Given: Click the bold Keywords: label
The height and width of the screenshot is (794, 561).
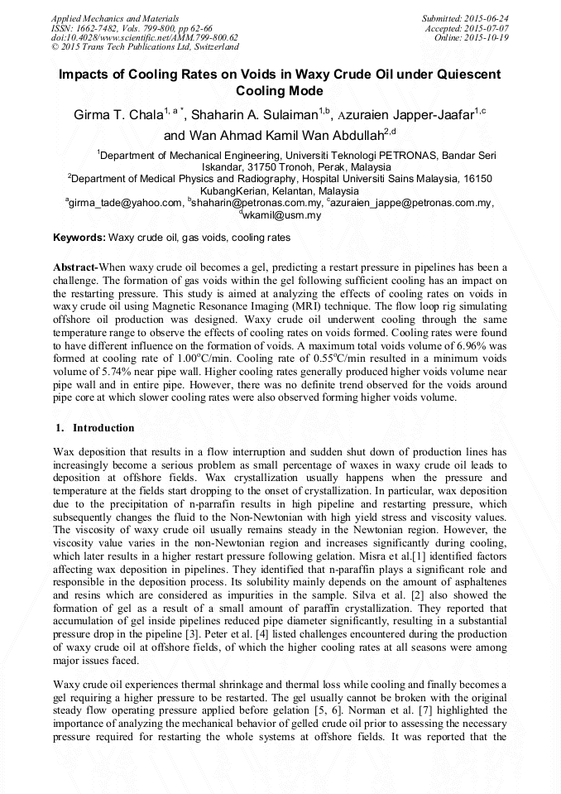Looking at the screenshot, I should click(x=79, y=238).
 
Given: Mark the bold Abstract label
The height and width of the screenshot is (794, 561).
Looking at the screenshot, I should click(x=75, y=268).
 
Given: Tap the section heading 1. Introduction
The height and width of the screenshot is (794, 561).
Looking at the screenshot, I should click(x=93, y=428).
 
